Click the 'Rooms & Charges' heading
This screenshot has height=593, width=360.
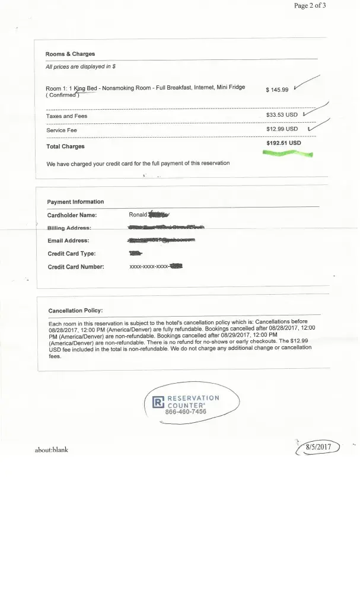point(70,54)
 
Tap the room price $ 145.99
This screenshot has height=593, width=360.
point(277,90)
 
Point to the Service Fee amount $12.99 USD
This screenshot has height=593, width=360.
point(282,129)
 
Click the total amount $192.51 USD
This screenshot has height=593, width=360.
point(283,143)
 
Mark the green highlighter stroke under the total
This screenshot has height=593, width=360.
point(288,153)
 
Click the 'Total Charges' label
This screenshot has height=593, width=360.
point(65,146)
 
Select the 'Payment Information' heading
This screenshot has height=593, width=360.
point(75,202)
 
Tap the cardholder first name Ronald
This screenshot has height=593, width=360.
point(138,215)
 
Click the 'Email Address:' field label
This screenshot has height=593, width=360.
point(68,241)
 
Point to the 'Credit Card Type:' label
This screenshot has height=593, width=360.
point(71,254)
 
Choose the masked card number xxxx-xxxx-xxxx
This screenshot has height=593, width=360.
point(149,267)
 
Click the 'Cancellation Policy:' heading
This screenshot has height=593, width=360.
point(75,310)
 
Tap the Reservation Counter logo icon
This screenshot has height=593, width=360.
point(158,403)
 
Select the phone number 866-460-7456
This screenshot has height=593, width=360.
point(186,412)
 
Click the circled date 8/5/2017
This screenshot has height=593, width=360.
point(318,447)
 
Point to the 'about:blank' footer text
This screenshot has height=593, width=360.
point(52,450)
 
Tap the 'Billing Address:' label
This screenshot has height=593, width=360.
point(69,228)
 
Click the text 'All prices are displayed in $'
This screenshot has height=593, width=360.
point(81,67)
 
